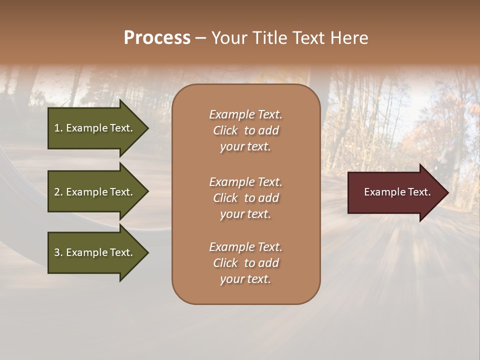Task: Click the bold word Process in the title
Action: click(x=157, y=38)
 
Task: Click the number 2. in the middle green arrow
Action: click(x=58, y=192)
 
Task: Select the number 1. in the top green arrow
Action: click(x=58, y=128)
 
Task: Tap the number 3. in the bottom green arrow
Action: click(x=58, y=252)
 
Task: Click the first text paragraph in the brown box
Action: click(x=245, y=130)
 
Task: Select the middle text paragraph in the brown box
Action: click(x=245, y=198)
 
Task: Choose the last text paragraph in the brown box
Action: click(x=245, y=263)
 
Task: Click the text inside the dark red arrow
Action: click(x=397, y=192)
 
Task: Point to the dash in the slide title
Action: click(x=200, y=38)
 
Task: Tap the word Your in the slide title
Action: click(x=228, y=38)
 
